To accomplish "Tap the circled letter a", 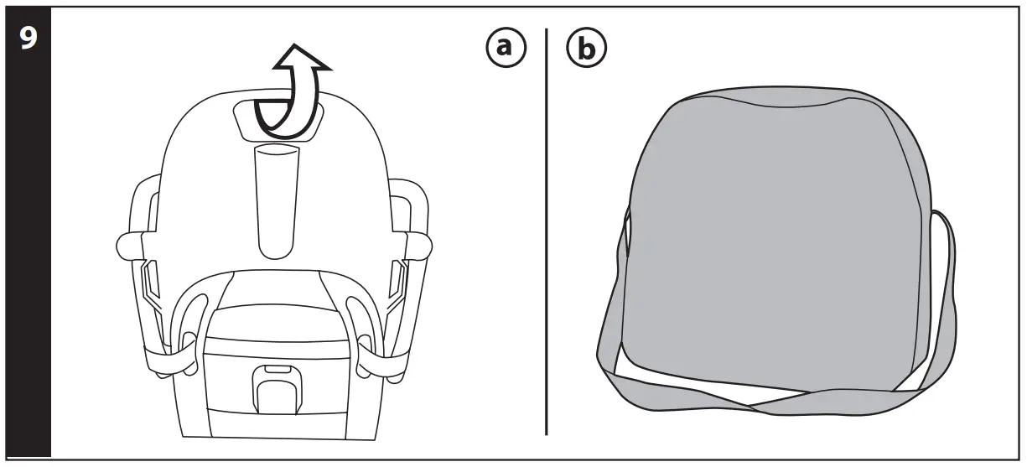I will point(504,48).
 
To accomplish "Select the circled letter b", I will point(587,49).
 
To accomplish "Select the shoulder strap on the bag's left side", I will point(610,335).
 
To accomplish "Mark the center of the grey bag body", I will point(775,243).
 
